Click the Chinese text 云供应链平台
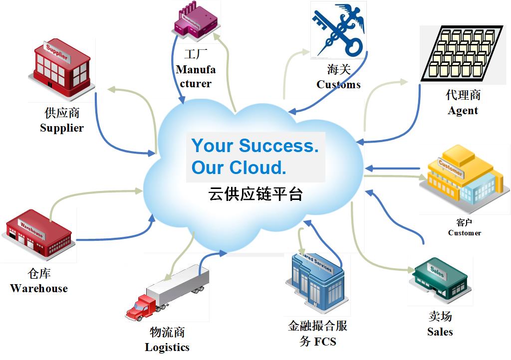pos(255,194)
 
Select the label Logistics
pos(167,347)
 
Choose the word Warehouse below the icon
pos(39,288)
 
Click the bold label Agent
pos(463,111)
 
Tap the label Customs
pos(338,84)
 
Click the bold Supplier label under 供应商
pos(62,128)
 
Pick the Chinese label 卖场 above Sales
pos(440,316)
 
